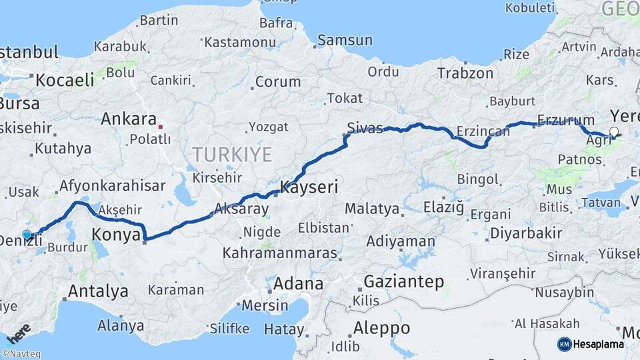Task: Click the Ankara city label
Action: (129, 119)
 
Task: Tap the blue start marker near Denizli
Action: (27, 235)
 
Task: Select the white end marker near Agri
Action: (614, 132)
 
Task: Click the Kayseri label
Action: (309, 187)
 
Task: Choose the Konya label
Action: (117, 235)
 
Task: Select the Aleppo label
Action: (381, 329)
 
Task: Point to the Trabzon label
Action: (466, 73)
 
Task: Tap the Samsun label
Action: (345, 41)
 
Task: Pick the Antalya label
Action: (98, 291)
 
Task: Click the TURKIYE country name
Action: (233, 155)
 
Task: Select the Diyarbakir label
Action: (525, 233)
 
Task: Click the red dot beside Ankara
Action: (161, 125)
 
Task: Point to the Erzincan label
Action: (483, 131)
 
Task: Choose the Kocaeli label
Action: (65, 80)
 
